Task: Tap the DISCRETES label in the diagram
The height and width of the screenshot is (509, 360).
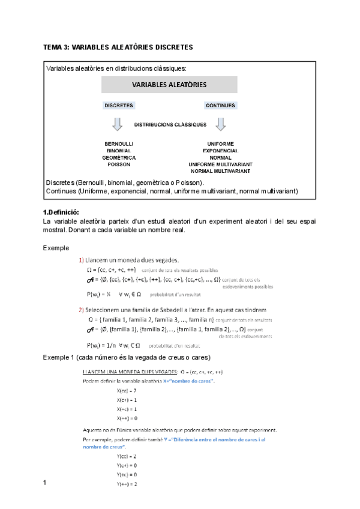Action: tap(119, 105)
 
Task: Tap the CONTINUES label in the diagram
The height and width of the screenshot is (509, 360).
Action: tap(220, 105)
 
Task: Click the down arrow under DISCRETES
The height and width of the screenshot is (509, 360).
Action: tap(118, 124)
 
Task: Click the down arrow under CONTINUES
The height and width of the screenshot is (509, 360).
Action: tap(220, 124)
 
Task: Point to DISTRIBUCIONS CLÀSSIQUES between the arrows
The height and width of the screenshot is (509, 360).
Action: tap(170, 125)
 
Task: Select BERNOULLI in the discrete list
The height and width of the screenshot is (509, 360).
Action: tap(119, 144)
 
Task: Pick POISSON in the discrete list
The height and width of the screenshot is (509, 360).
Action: tap(119, 164)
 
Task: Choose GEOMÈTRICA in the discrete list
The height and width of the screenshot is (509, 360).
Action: tap(119, 157)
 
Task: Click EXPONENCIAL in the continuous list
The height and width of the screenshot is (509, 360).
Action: tap(220, 151)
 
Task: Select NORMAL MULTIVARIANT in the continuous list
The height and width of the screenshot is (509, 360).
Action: tap(220, 170)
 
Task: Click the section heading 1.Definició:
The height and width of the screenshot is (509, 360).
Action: tap(61, 212)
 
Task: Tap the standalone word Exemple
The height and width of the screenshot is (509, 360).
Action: tap(56, 247)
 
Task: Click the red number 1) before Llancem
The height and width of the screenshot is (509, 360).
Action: tap(82, 260)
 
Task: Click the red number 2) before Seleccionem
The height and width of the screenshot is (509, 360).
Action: tap(82, 310)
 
